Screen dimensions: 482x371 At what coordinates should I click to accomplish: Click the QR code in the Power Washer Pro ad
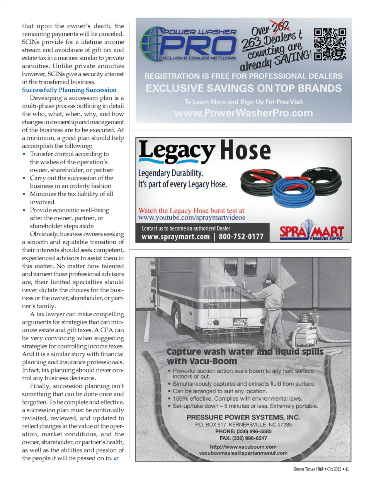[330, 44]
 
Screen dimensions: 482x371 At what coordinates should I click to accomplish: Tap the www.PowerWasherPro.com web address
[243, 113]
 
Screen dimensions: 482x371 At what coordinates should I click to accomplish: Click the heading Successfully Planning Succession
[69, 90]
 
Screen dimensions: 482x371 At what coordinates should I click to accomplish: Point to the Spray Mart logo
[311, 232]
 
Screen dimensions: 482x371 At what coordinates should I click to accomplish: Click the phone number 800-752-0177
[241, 237]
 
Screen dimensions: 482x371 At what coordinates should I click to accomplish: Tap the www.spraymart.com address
[175, 237]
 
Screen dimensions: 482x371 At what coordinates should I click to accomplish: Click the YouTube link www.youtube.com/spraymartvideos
[192, 218]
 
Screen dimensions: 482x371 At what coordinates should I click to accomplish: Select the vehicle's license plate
[239, 322]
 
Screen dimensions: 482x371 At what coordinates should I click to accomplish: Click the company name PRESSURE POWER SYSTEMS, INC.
[243, 417]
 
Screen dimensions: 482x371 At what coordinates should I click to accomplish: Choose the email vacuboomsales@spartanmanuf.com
[243, 453]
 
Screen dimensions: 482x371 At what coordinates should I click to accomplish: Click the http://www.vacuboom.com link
[243, 446]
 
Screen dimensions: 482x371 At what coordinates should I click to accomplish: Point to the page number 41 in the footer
[347, 469]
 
